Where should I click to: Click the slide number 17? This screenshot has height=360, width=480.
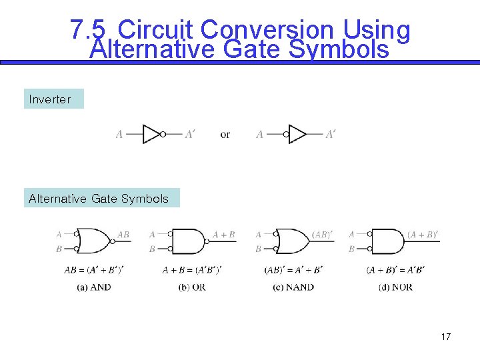point(446,337)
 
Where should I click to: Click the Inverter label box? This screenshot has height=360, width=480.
point(53,99)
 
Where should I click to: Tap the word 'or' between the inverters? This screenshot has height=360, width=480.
point(225,135)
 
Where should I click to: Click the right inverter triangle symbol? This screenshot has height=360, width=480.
point(297,134)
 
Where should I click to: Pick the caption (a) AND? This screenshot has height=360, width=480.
point(93,287)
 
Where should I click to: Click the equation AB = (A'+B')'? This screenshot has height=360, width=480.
point(93,270)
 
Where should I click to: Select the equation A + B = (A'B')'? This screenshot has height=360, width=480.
point(192,270)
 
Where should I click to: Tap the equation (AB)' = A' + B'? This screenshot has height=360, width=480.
point(293,270)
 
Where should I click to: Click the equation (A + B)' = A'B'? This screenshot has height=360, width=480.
point(395,270)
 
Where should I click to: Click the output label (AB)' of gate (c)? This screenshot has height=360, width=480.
point(322,234)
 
